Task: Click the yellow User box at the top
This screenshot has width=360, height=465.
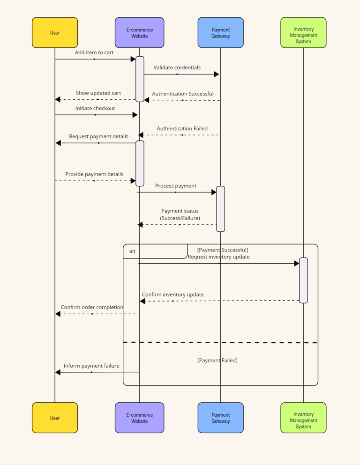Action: pos(55,33)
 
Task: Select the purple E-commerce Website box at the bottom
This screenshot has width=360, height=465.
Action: pos(139,418)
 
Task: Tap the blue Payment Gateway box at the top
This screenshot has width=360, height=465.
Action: pos(220,33)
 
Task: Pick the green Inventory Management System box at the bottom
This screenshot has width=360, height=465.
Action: pos(303,418)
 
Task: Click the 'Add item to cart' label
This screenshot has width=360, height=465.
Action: pos(94,52)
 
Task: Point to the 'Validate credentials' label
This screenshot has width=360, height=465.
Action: pos(177,67)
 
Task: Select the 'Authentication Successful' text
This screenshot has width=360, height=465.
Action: pos(182,94)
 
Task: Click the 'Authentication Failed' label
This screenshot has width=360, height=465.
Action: pos(182,128)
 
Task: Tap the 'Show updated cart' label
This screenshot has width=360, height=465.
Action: pos(98,93)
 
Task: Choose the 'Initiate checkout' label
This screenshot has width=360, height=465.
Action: pos(95,108)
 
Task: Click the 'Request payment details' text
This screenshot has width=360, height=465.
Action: pos(98,136)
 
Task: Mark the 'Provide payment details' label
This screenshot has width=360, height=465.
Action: pos(94,174)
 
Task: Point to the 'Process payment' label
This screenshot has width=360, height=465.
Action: pos(176,186)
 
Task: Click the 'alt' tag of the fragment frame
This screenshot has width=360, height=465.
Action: pos(132,251)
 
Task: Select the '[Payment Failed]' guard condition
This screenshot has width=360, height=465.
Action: pos(217,360)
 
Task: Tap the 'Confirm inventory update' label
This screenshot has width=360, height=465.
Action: pos(173,295)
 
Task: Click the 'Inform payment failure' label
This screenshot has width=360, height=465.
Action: pos(91,366)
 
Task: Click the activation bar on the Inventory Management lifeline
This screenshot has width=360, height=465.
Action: pos(303,280)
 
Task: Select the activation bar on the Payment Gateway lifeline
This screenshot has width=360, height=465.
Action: pos(220,209)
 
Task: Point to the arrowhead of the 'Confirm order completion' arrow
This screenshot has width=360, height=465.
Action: pos(58,314)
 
